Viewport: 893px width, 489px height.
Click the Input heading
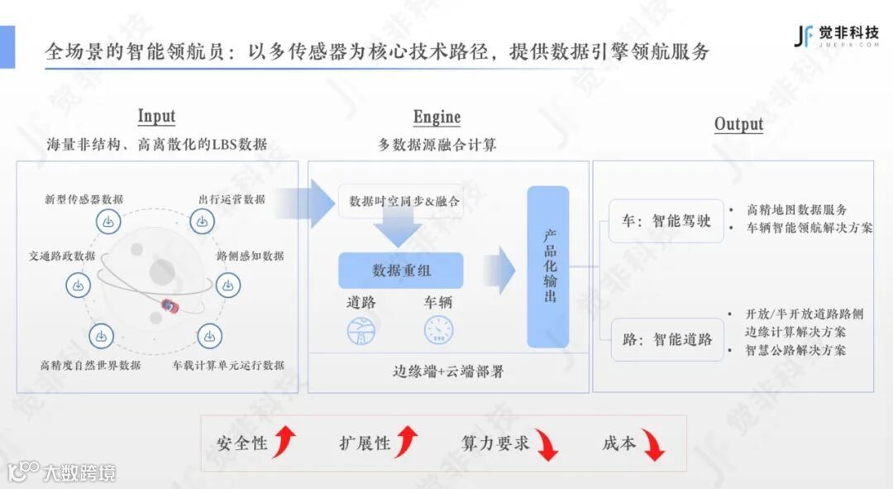click(x=156, y=117)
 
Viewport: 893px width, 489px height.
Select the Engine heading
click(x=437, y=117)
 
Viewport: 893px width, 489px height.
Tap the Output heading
click(x=738, y=124)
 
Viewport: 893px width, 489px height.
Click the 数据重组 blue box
click(x=401, y=271)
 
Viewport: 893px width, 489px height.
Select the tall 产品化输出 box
click(x=548, y=266)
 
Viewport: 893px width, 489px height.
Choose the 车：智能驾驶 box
click(x=666, y=221)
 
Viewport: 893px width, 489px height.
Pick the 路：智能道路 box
click(x=666, y=338)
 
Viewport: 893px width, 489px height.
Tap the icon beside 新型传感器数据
click(x=107, y=222)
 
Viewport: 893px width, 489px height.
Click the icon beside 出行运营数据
click(x=203, y=222)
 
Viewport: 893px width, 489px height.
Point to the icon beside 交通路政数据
click(x=78, y=285)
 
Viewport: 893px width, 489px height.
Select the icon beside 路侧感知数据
click(x=228, y=285)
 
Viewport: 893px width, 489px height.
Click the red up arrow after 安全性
click(x=284, y=443)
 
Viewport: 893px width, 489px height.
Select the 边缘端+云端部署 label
click(x=447, y=372)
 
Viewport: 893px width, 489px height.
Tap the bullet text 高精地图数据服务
click(x=796, y=210)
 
